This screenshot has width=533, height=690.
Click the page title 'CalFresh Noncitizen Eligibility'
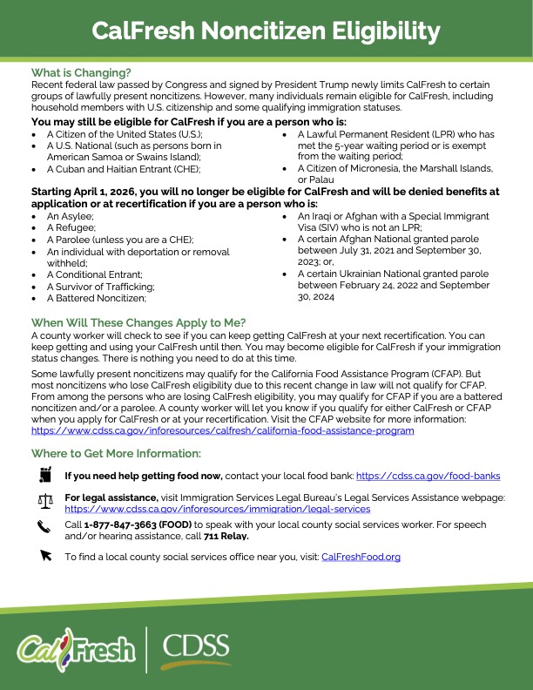(x=266, y=32)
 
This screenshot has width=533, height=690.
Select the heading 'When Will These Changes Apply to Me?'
(x=138, y=322)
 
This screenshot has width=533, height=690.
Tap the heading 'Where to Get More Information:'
(x=116, y=453)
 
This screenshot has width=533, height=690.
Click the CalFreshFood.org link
(x=361, y=556)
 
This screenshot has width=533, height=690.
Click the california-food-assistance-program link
(x=222, y=430)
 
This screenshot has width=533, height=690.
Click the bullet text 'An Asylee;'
(x=70, y=214)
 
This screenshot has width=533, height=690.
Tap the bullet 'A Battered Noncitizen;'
(x=96, y=298)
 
